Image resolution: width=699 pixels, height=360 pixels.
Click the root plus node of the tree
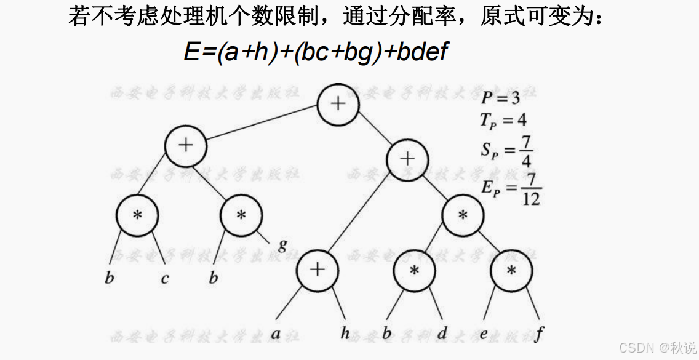(x=338, y=103)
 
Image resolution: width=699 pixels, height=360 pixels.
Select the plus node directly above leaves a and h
(x=317, y=270)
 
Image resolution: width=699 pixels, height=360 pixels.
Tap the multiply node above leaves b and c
(x=137, y=215)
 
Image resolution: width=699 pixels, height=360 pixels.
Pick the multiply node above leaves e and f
(x=512, y=270)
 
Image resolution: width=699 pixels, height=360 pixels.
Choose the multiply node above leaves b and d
(x=415, y=270)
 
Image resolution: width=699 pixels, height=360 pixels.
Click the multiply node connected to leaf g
(x=242, y=215)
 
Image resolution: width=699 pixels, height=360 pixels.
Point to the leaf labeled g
(x=282, y=245)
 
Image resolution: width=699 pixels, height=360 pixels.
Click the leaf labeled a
(x=276, y=334)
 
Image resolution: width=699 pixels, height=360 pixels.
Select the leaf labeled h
(x=346, y=334)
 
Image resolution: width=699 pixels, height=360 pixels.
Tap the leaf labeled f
(x=540, y=334)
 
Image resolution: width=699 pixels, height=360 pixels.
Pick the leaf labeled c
(x=164, y=279)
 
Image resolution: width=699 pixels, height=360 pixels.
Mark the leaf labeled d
(x=442, y=334)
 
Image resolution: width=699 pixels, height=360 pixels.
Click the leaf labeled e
(x=484, y=334)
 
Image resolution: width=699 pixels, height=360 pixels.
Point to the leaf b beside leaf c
(x=110, y=278)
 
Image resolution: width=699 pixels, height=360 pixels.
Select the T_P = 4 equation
(x=503, y=120)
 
